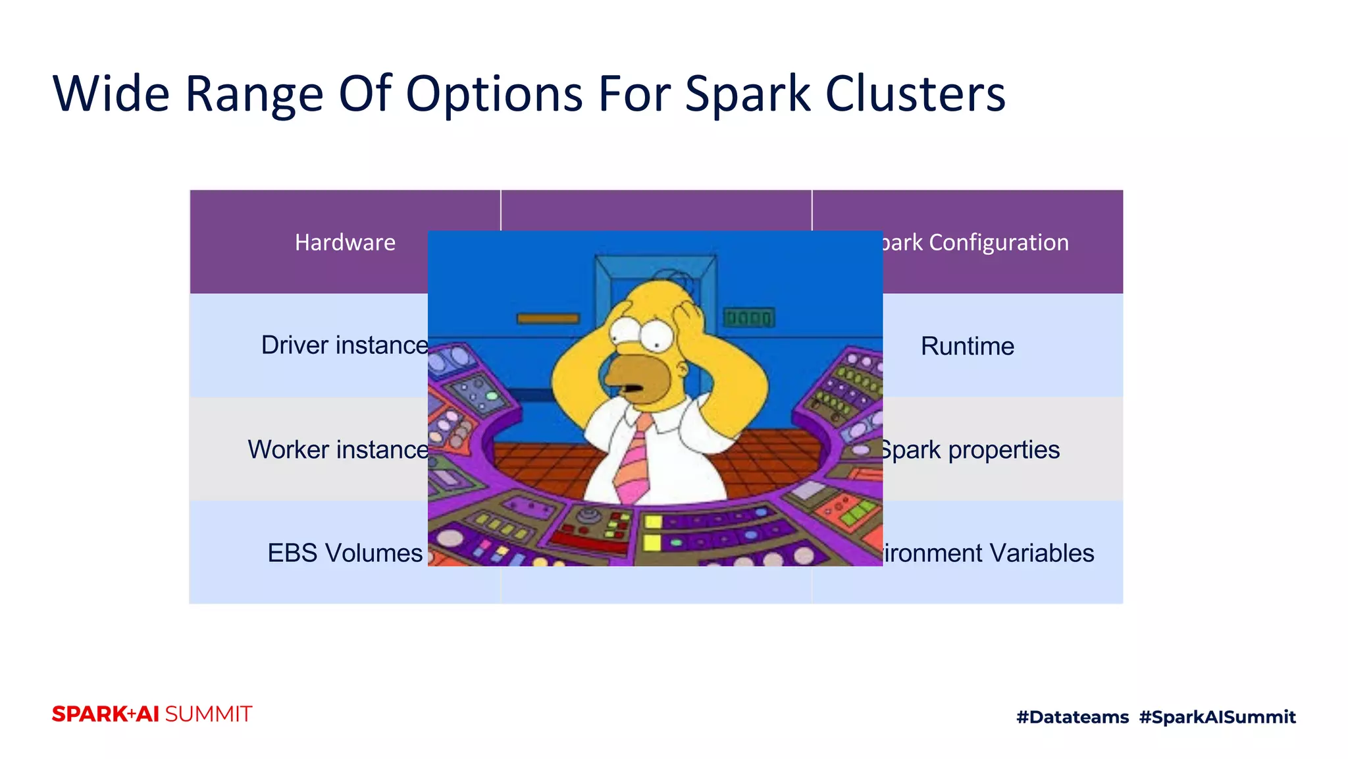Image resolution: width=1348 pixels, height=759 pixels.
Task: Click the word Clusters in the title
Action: (x=915, y=94)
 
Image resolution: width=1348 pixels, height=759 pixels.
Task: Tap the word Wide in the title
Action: (x=111, y=94)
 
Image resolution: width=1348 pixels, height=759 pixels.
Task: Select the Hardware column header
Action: (x=345, y=242)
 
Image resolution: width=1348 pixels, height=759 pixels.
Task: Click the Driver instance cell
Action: (x=344, y=345)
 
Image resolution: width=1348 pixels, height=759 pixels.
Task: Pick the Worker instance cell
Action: (x=338, y=449)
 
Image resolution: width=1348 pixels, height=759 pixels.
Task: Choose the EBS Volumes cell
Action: (x=344, y=553)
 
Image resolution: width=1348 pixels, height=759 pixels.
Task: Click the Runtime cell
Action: (x=967, y=346)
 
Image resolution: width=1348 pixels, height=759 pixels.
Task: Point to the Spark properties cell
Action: (x=970, y=449)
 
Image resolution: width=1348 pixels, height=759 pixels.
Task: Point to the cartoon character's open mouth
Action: (x=633, y=388)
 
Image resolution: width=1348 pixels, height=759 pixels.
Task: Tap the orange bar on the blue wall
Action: (x=548, y=319)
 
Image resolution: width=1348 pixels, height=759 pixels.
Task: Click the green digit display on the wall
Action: (x=748, y=318)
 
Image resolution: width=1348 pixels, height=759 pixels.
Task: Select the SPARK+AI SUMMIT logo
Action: (x=152, y=714)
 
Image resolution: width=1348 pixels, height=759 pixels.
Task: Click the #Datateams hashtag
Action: (x=1072, y=717)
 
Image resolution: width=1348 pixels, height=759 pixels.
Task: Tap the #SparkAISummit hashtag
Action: (x=1217, y=717)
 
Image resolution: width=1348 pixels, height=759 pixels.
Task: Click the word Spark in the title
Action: (x=748, y=94)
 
